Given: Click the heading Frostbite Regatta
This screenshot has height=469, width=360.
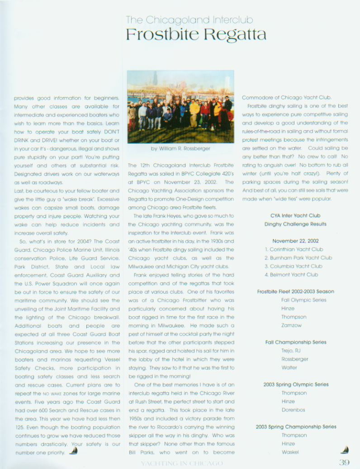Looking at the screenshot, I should pyautogui.click(x=196, y=35).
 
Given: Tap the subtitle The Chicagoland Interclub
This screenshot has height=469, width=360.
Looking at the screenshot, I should pyautogui.click(x=189, y=20).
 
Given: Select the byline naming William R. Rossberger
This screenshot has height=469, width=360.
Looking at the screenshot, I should pyautogui.click(x=180, y=148).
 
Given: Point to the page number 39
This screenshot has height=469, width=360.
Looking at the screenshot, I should pyautogui.click(x=345, y=462).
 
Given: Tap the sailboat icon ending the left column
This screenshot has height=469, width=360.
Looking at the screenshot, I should pyautogui.click(x=73, y=451).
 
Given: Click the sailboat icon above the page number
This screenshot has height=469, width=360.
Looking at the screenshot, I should pyautogui.click(x=345, y=450).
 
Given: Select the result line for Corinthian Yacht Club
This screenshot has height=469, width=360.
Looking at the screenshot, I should pyautogui.click(x=294, y=249).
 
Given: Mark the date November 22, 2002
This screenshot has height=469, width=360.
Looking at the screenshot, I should pyautogui.click(x=295, y=241).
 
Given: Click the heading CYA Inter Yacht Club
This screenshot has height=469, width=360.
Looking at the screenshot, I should pyautogui.click(x=295, y=216).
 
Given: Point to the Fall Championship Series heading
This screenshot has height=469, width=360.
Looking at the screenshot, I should pyautogui.click(x=296, y=342).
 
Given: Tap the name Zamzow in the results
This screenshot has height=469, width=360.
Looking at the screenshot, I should pyautogui.click(x=291, y=325).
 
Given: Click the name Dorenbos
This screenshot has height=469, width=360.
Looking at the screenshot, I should pyautogui.click(x=293, y=410).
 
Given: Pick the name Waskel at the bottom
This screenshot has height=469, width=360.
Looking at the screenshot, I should pyautogui.click(x=290, y=452).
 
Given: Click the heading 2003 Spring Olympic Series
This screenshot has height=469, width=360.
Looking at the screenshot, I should pyautogui.click(x=296, y=385).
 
